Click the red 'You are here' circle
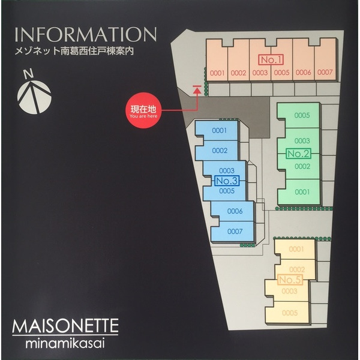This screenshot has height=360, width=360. [143, 110]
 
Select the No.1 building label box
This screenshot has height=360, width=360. [271, 59]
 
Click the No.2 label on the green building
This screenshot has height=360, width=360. [298, 154]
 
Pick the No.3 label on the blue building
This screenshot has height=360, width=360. [227, 181]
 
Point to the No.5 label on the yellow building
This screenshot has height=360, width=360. [290, 280]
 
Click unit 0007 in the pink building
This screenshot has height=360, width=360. [325, 73]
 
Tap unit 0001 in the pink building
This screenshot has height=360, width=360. [217, 73]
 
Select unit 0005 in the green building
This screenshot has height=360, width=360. [302, 115]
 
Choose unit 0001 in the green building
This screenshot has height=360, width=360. [302, 192]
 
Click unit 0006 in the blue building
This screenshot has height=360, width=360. [235, 211]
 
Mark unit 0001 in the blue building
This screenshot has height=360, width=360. [220, 130]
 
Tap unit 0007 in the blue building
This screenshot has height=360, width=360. [235, 231]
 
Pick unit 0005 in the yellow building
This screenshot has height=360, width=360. [290, 313]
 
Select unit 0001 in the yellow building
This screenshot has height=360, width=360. [296, 249]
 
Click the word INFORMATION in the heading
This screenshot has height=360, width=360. [86, 35]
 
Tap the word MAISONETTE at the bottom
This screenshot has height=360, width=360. [65, 326]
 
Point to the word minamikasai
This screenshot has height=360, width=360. [65, 343]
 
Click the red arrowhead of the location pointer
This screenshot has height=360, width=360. [197, 91]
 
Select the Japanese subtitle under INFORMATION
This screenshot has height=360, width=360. [74, 51]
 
